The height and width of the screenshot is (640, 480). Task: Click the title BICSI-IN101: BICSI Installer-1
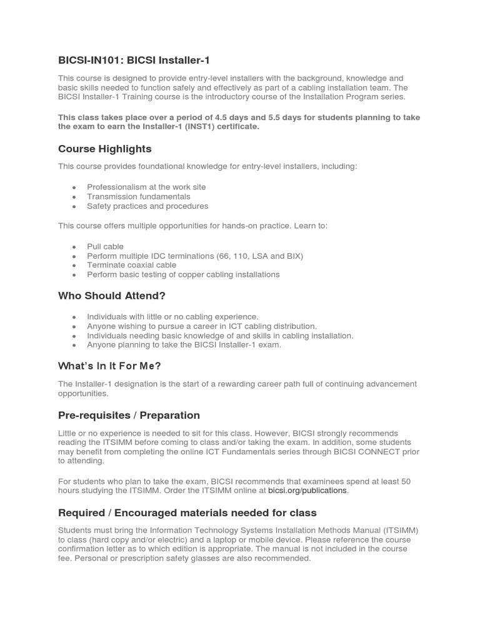click(134, 60)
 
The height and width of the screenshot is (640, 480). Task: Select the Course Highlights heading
click(104, 149)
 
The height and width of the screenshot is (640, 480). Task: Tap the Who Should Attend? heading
click(111, 296)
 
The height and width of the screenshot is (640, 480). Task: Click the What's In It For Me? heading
click(109, 366)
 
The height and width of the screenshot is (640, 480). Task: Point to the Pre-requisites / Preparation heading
click(129, 415)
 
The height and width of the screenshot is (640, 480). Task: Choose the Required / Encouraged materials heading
click(187, 512)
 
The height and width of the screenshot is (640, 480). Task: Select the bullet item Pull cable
click(105, 246)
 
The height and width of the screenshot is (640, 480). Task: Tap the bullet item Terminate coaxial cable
click(131, 265)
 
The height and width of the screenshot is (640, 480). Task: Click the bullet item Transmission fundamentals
click(138, 196)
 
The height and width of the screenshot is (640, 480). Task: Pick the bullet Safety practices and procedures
click(147, 206)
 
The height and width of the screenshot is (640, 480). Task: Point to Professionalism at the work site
click(146, 187)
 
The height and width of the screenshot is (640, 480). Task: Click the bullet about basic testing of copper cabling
click(183, 274)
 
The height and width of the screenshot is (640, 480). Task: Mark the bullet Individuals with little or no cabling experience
click(172, 317)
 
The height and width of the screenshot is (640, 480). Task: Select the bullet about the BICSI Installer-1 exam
click(184, 344)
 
